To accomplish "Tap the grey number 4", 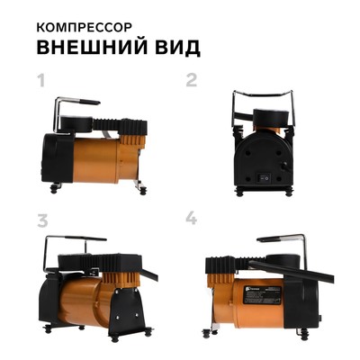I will [191, 219].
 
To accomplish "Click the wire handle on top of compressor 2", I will [263, 93].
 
